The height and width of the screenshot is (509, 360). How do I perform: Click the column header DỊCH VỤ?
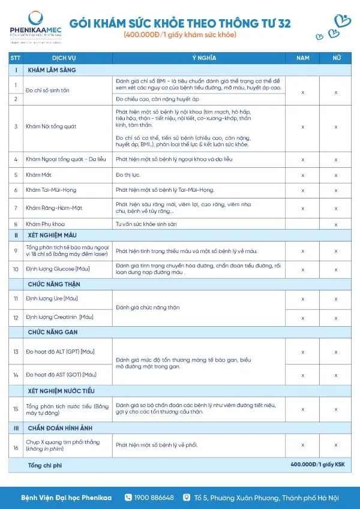63,58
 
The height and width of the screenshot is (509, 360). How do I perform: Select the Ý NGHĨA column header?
200,58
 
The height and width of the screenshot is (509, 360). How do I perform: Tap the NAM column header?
303,58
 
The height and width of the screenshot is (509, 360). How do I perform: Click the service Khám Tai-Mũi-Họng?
51,190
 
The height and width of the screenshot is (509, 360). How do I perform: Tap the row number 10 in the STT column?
16,269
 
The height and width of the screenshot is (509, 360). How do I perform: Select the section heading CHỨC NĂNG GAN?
53,332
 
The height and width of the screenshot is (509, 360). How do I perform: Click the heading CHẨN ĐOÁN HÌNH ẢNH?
61,427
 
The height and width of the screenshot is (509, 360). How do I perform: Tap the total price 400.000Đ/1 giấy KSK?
317,465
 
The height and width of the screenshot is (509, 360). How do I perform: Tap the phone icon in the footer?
128,498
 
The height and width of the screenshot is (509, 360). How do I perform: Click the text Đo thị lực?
127,174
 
